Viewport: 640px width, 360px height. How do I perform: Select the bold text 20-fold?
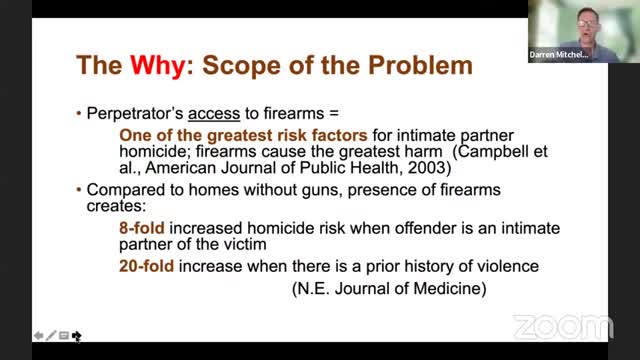coord(147,266)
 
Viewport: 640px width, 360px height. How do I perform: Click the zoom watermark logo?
coord(562,327)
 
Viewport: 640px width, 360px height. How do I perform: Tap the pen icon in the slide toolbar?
coord(50,336)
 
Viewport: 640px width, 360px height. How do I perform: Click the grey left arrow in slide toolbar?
coord(37,336)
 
